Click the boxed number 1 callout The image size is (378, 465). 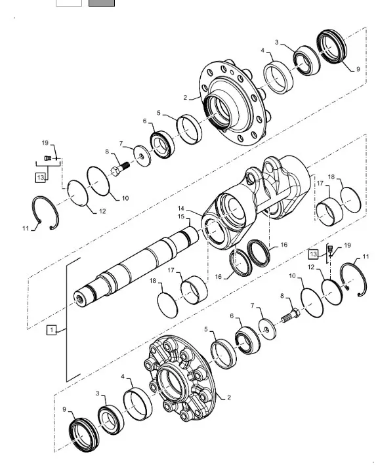click(52, 330)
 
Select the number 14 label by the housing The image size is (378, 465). click(181, 209)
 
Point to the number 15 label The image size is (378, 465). click(181, 216)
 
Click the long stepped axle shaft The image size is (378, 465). click(136, 266)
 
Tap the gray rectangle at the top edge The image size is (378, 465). click(102, 3)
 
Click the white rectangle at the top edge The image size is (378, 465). click(69, 3)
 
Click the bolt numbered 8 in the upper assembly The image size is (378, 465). click(120, 169)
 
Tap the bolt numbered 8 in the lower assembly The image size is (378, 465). click(291, 316)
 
